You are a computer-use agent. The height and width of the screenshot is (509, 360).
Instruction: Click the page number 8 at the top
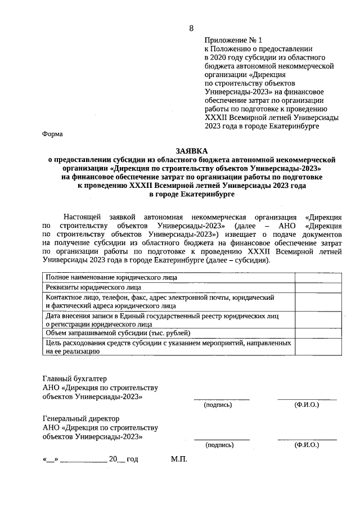coord(191,28)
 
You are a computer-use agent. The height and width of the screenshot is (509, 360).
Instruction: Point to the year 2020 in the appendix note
coord(217,57)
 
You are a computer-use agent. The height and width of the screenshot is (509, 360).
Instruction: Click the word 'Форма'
coord(53,134)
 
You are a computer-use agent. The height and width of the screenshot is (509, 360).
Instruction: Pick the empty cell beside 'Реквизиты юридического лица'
coord(316,287)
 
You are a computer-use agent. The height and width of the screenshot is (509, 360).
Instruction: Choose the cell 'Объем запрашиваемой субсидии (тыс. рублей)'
coord(118,333)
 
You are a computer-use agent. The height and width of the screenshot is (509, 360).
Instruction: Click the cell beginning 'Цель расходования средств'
coord(168,346)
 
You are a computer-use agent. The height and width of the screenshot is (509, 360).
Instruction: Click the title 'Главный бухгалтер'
coord(75,379)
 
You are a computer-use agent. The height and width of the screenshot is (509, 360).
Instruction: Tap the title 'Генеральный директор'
coord(81,419)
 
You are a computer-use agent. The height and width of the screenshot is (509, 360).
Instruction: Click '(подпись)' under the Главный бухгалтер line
coord(218,404)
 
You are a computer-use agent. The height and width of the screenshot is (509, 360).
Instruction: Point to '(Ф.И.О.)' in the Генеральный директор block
coord(307,445)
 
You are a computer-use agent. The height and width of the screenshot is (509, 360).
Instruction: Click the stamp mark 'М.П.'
coord(178,459)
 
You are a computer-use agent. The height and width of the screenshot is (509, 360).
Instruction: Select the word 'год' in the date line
coord(132,459)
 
